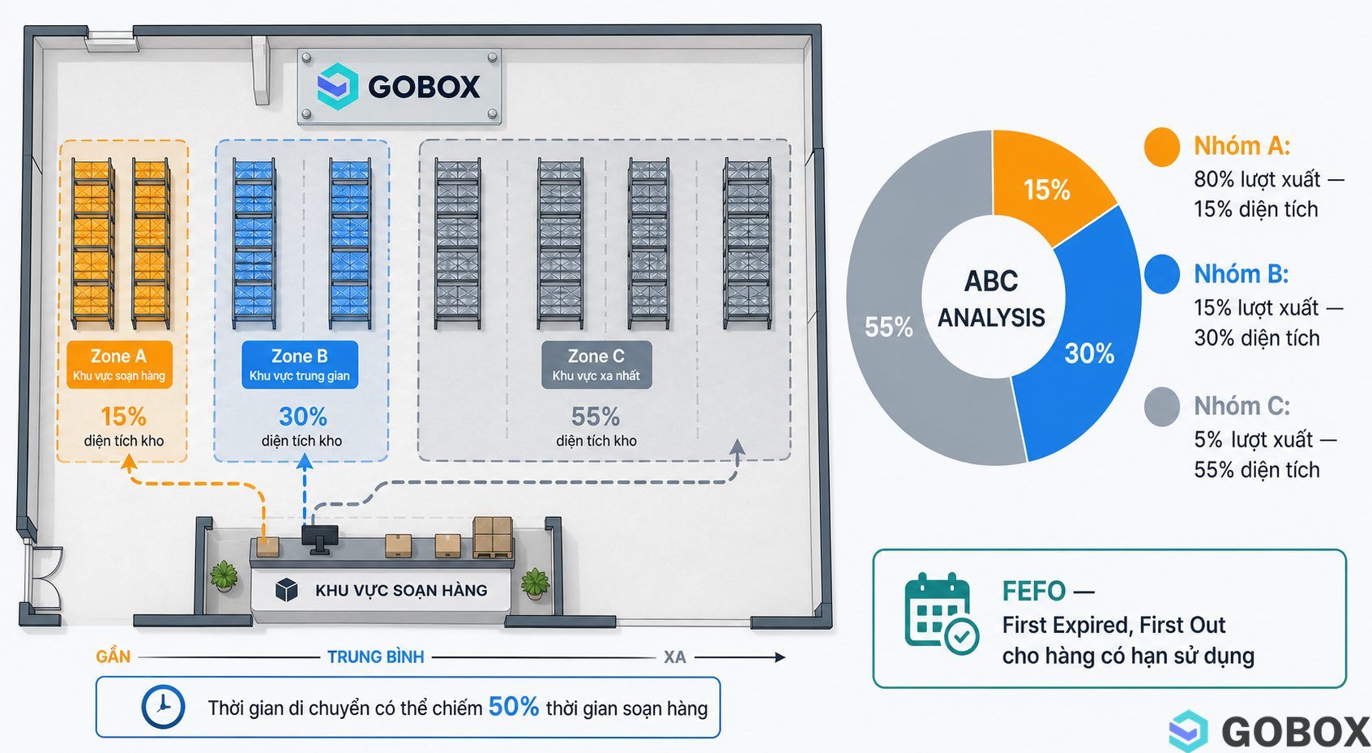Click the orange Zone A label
pos(119,365)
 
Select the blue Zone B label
pos(300,365)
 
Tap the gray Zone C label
pos(596,365)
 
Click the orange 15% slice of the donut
pos(1047,184)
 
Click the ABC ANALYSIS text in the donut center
pos(992,299)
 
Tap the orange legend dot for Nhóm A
pos(1162,147)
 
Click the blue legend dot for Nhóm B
pos(1162,274)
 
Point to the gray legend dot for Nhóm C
pos(1162,407)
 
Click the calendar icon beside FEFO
pos(940,614)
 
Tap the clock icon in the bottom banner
pos(163,707)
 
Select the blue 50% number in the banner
pos(513,707)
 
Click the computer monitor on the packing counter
pos(320,539)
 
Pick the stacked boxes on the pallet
pos(493,537)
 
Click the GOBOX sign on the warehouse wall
pos(400,87)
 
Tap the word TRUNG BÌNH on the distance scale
pos(375,657)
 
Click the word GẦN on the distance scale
pos(113,657)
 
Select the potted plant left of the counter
pos(224,576)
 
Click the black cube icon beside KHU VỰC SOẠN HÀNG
pos(287,590)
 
